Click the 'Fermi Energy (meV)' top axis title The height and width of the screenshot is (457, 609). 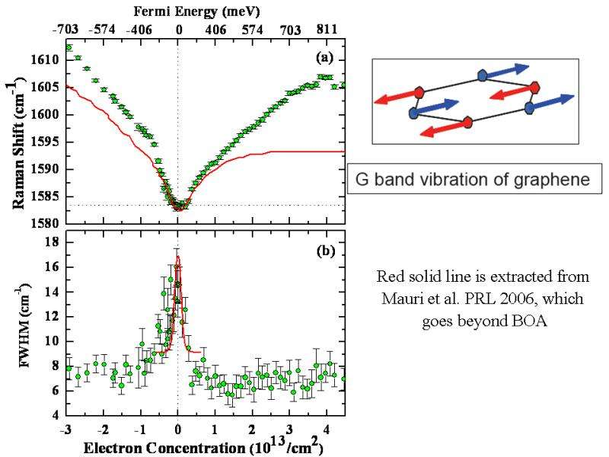coord(179,11)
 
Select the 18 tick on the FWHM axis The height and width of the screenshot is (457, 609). coord(52,242)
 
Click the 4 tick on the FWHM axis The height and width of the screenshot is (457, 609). coord(55,415)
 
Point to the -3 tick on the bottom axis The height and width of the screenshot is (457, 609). coord(67,428)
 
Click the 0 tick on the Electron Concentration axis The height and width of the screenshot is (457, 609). coord(178,428)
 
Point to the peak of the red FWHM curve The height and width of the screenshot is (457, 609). coord(177,257)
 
